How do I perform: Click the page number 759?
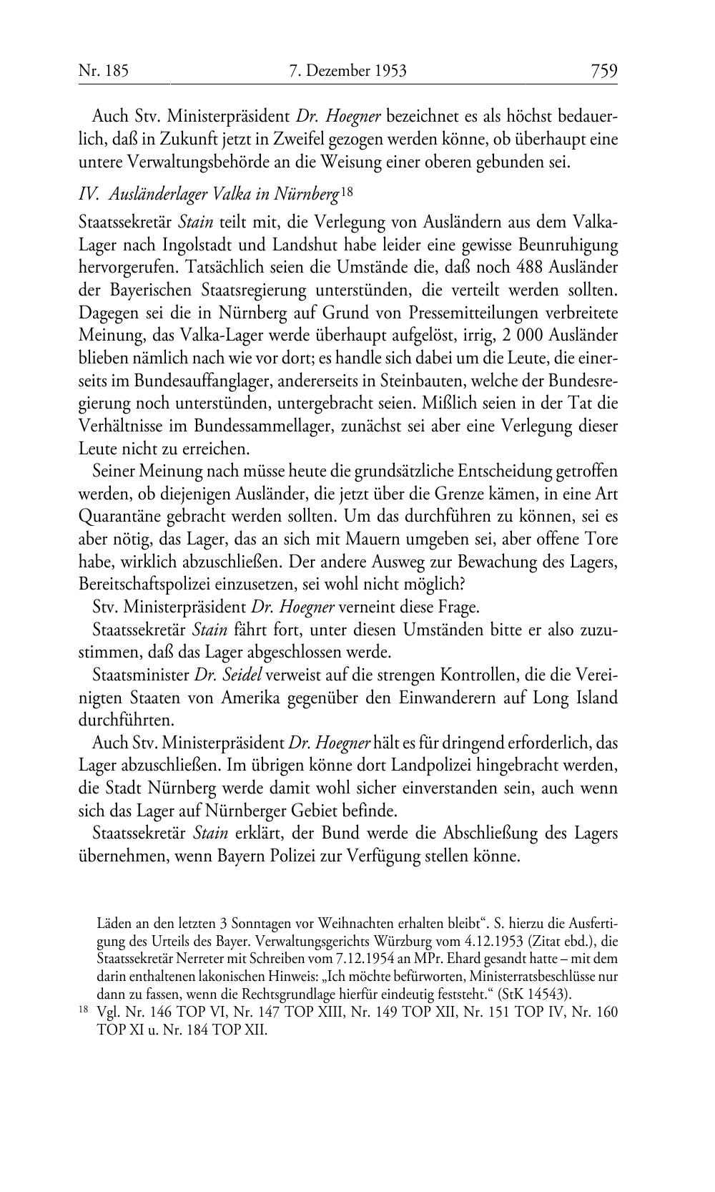pyautogui.click(x=603, y=71)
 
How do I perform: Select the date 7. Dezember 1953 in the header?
pyautogui.click(x=348, y=71)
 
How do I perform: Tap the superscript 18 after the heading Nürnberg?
pyautogui.click(x=347, y=192)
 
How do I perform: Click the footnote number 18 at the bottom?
pyautogui.click(x=83, y=1012)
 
